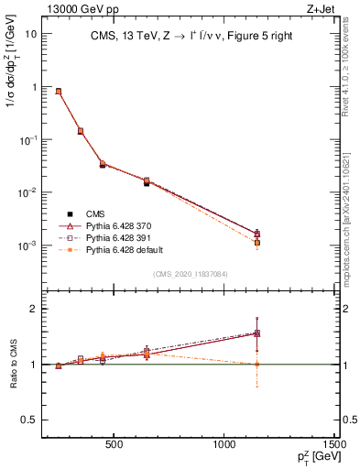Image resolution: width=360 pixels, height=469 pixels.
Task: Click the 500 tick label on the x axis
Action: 114,446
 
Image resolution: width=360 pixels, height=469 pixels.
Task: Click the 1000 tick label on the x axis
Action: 225,446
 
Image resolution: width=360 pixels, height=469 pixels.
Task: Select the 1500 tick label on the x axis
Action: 336,446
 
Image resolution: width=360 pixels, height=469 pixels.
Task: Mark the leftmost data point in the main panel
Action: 59,92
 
